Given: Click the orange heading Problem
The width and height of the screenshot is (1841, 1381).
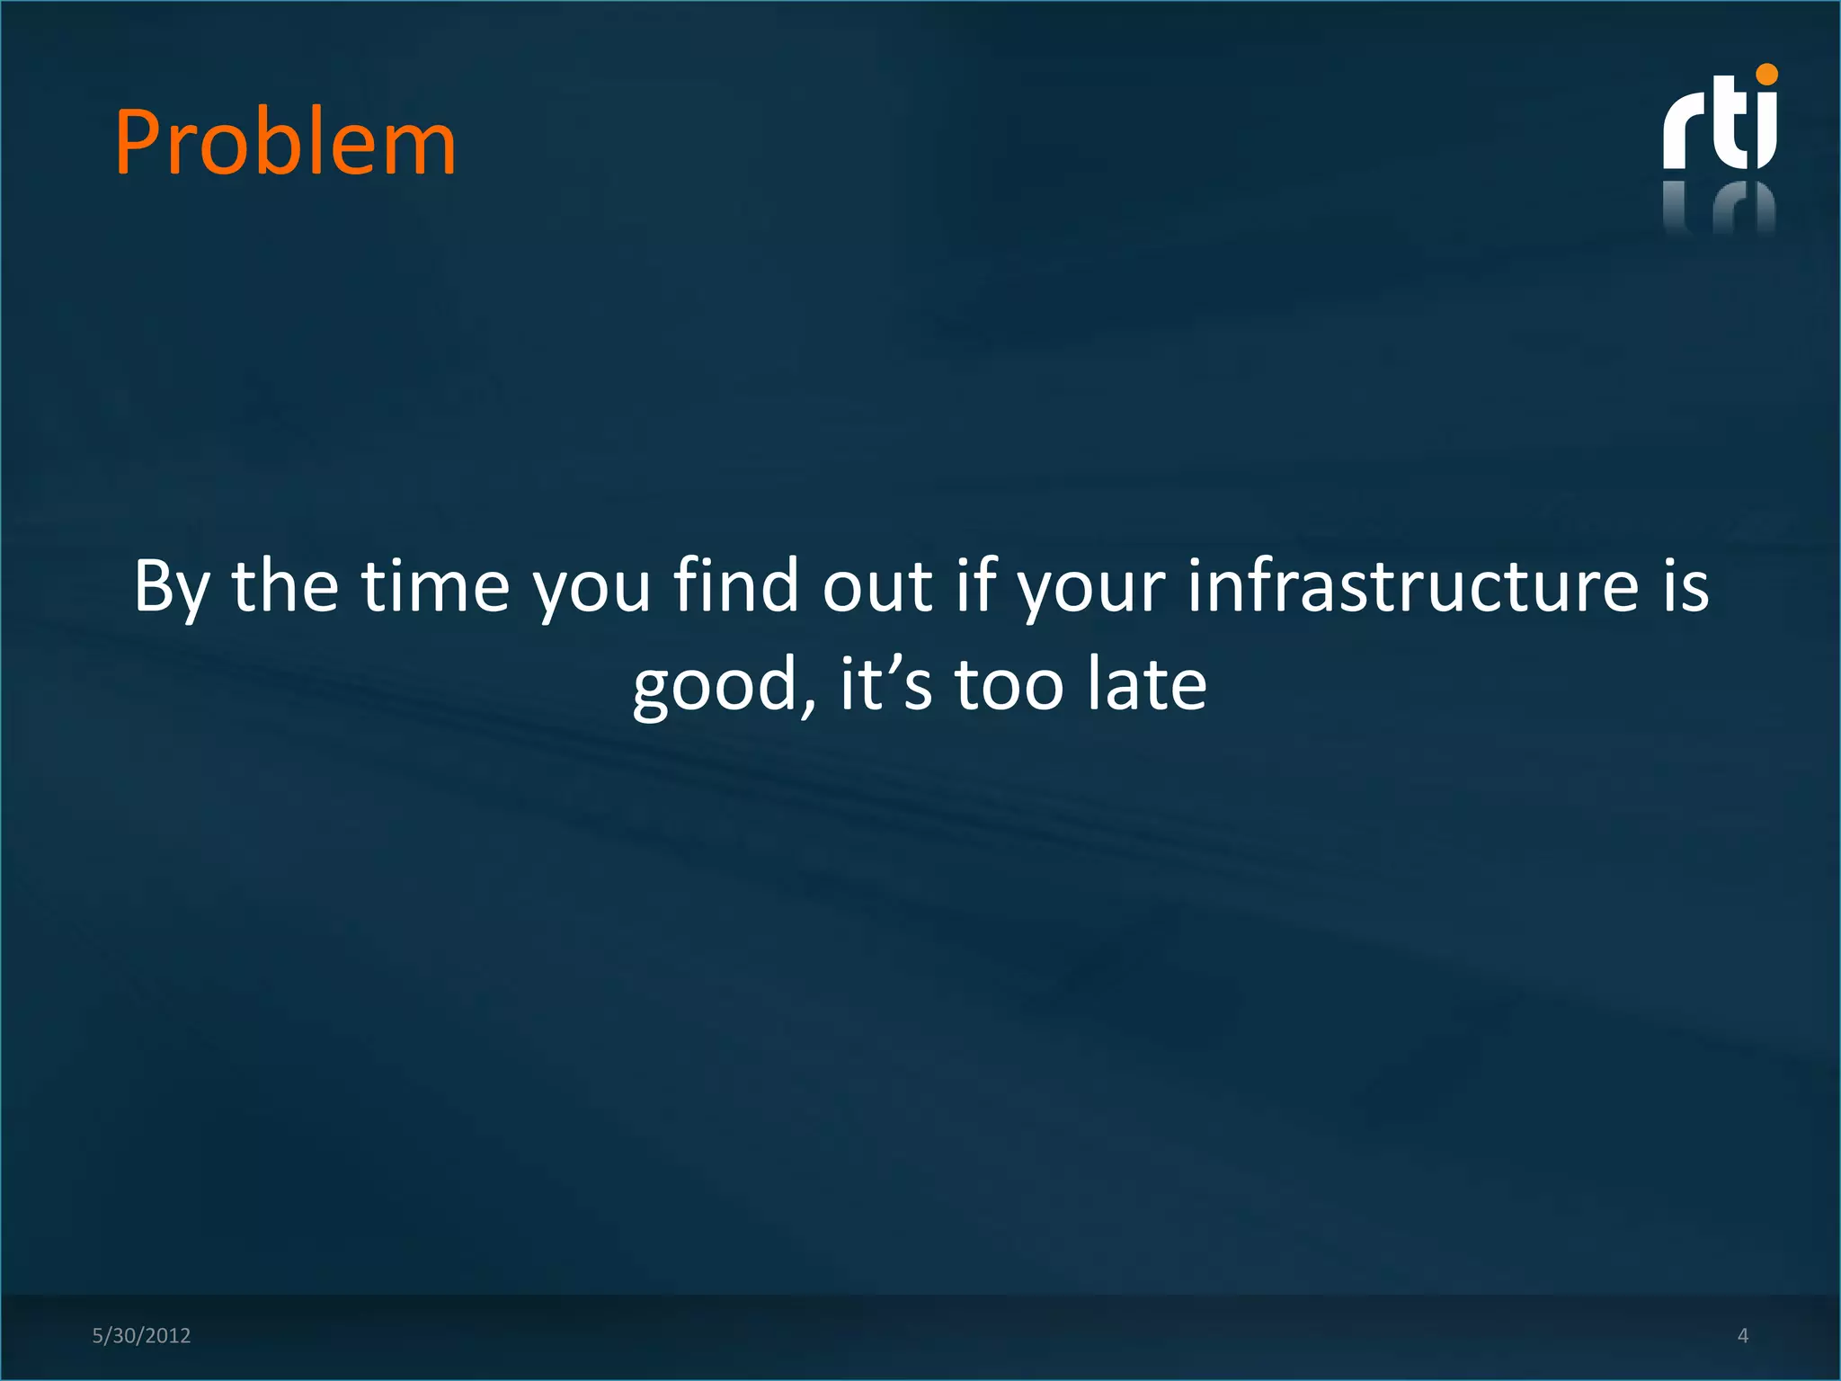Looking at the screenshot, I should click(x=285, y=144).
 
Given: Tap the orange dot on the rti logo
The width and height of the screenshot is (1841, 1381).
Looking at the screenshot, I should click(x=1766, y=75).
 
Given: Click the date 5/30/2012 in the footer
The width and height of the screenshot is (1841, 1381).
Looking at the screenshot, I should click(x=141, y=1335).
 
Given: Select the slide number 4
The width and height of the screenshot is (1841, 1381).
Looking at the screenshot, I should click(x=1742, y=1335).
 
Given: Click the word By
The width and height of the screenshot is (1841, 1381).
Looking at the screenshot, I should click(x=172, y=586).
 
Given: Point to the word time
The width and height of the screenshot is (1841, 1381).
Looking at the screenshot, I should click(x=436, y=586).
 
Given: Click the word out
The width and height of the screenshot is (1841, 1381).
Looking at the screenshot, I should click(x=876, y=586).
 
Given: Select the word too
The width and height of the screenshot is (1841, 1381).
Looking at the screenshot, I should click(x=1008, y=685).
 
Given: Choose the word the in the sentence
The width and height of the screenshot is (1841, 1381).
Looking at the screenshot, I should click(x=285, y=586).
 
